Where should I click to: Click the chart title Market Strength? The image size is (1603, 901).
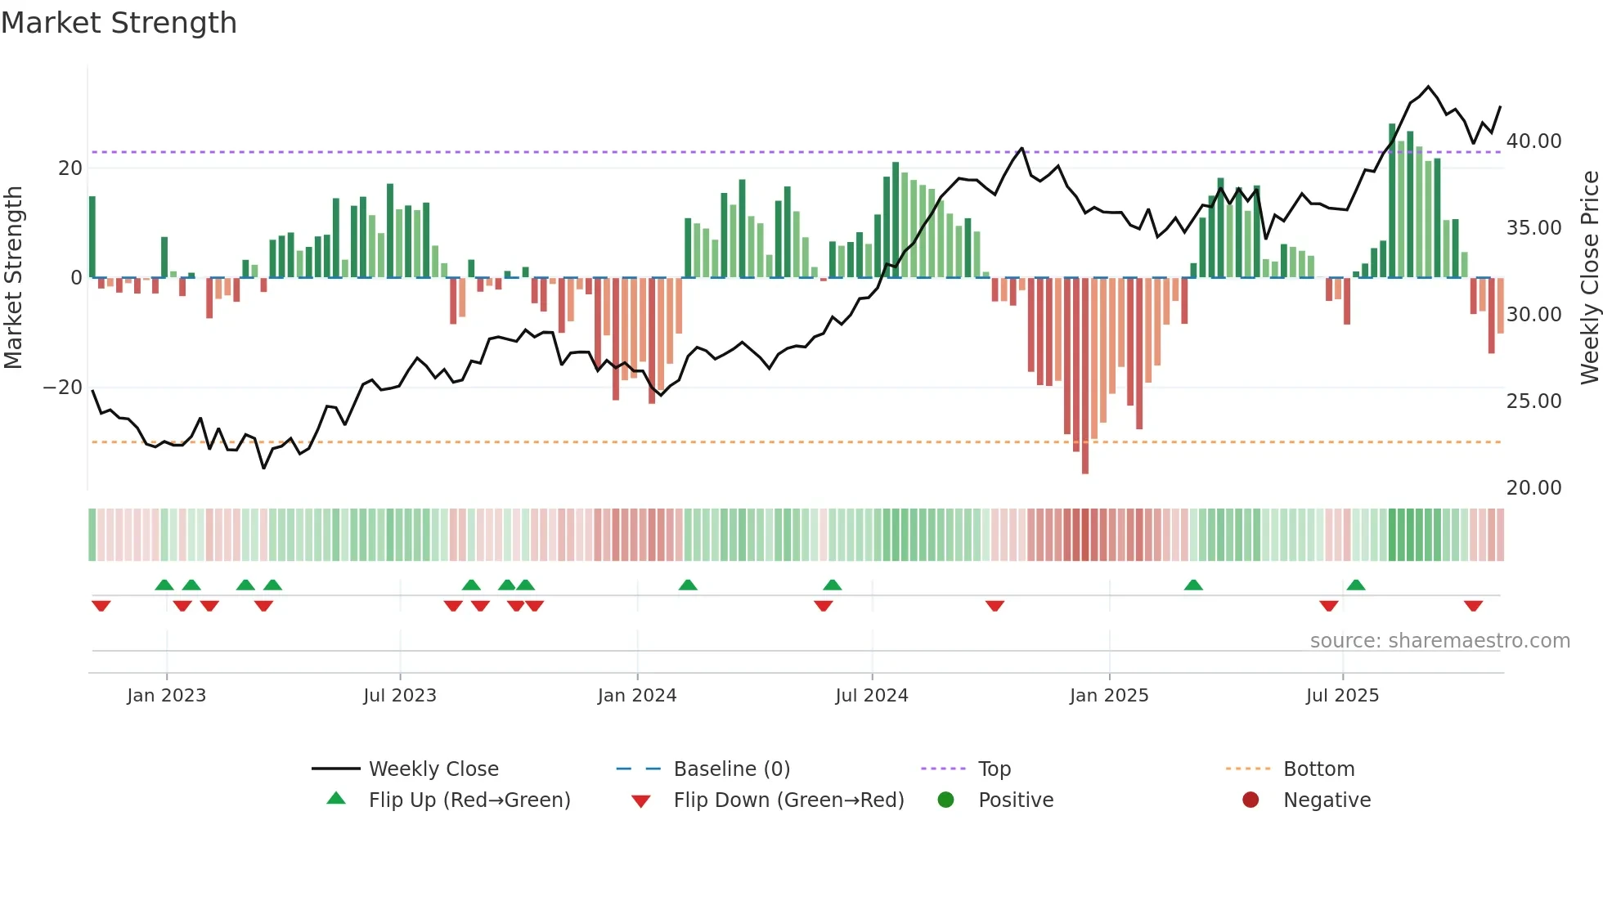[x=119, y=23]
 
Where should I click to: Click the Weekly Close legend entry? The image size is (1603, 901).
[x=433, y=769]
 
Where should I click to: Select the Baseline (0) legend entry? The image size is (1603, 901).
[x=731, y=769]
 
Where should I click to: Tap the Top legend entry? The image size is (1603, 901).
[x=994, y=769]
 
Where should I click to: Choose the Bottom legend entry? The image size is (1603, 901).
[x=1318, y=769]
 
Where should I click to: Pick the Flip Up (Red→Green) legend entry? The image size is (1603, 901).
[x=469, y=800]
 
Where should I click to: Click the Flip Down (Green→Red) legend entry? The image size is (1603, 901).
[x=788, y=800]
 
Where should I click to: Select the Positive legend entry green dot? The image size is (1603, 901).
[x=946, y=800]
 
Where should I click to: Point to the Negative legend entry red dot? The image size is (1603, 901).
[x=1251, y=800]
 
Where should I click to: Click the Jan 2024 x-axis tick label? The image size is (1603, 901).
[x=637, y=696]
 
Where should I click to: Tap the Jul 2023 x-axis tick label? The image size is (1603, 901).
[x=400, y=696]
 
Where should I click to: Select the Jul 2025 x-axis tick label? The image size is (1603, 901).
[x=1342, y=696]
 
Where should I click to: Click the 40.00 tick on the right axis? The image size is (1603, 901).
[x=1533, y=141]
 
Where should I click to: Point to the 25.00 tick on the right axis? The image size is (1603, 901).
[x=1533, y=401]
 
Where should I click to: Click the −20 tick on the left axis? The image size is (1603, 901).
[x=63, y=388]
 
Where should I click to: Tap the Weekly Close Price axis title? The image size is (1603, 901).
[x=1589, y=278]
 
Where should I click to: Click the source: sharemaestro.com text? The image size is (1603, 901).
[x=1439, y=641]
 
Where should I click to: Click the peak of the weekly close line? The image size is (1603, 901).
[x=1429, y=87]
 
